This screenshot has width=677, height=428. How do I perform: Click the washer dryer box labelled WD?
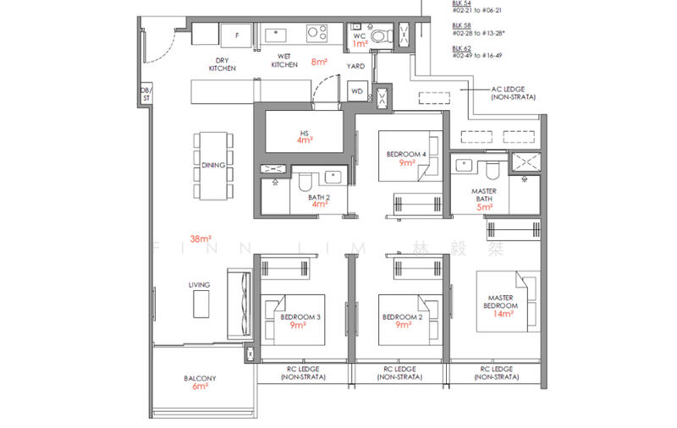click(x=356, y=91)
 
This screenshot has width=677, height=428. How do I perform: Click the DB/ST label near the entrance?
click(x=145, y=95)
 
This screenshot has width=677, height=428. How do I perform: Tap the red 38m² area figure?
click(x=201, y=239)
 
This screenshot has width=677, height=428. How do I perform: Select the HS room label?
click(x=304, y=133)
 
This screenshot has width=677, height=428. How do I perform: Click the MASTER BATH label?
click(x=484, y=195)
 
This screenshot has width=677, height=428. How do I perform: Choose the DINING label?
click(x=212, y=166)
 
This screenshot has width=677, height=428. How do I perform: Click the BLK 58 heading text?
click(x=460, y=25)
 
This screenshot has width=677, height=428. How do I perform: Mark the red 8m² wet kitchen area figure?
click(x=319, y=62)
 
